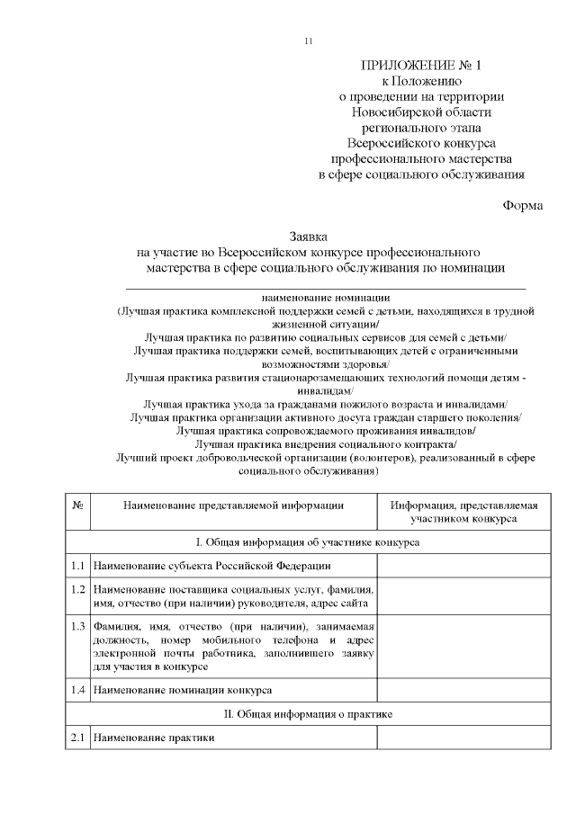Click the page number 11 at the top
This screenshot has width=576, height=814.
pos(309,41)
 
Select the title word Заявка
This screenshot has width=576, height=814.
pos(309,234)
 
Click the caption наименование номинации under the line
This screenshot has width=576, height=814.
pos(327,297)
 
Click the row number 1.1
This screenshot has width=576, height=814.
pos(77,566)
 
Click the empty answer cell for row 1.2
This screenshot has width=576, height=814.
pos(463,595)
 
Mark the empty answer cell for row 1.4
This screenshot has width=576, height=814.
pos(463,690)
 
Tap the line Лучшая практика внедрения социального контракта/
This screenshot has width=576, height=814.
pos(326,443)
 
